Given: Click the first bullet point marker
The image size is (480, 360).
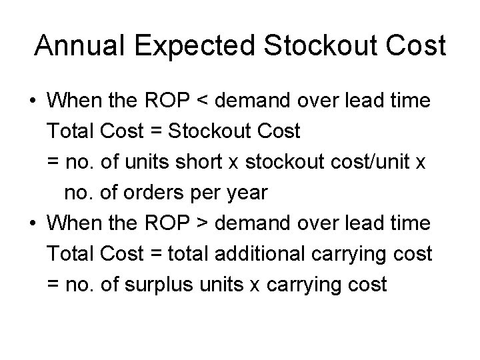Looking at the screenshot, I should (x=33, y=102).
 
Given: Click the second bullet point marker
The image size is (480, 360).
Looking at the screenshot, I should (x=33, y=223).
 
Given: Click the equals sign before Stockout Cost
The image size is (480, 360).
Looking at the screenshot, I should (x=156, y=131).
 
